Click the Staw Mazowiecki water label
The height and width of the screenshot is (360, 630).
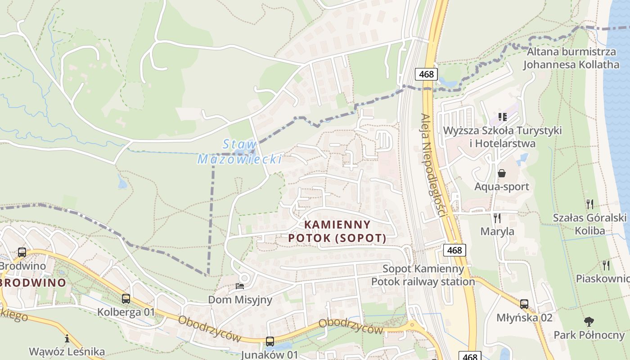coord(240,152)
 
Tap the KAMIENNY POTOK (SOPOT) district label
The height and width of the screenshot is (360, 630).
coord(337,231)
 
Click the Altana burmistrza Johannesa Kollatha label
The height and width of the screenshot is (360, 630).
coord(571,58)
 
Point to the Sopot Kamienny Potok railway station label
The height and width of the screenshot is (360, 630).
coord(423,275)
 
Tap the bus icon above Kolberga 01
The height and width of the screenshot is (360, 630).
coord(126,298)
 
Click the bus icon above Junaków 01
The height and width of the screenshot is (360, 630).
coord(270,341)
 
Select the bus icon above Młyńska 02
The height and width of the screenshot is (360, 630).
coord(524,304)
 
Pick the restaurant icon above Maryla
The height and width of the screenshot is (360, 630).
coord(497,218)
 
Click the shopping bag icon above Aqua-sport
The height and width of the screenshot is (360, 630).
coord(502,173)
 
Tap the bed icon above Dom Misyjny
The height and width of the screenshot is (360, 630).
coord(240,286)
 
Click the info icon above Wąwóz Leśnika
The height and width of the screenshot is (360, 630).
coord(67,338)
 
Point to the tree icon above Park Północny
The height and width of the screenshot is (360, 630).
coord(589,322)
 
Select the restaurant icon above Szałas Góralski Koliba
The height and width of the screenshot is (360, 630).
coord(590,204)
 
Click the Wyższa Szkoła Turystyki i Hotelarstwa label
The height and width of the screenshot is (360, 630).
coord(502,137)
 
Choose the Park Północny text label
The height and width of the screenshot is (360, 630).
coord(589,335)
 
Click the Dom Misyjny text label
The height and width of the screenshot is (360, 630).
coord(240,300)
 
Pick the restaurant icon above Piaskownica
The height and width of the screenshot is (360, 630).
coord(606,265)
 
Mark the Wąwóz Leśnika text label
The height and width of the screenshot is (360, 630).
coord(67,351)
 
